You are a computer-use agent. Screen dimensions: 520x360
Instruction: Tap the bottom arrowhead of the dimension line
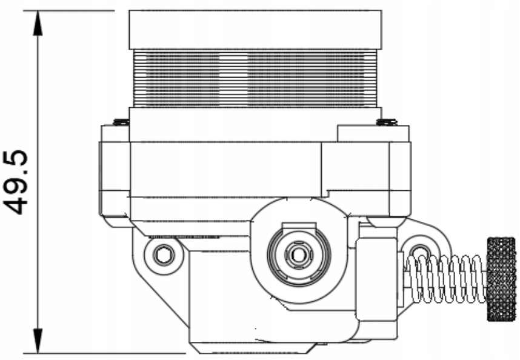coord(38,340)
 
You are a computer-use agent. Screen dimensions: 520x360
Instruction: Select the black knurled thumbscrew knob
coord(501,278)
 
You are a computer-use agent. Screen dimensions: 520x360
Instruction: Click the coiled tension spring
coord(445,278)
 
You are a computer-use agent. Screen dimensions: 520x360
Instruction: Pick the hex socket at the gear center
coord(297,253)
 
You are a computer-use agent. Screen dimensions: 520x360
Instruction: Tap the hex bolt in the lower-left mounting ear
coord(163,255)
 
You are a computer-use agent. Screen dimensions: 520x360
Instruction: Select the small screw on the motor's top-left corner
coord(121,122)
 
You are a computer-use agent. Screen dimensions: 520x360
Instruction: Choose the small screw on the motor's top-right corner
coord(385,122)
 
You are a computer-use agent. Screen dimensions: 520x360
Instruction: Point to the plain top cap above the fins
coord(255,29)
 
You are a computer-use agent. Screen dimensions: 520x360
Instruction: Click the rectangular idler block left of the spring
coord(375,278)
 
